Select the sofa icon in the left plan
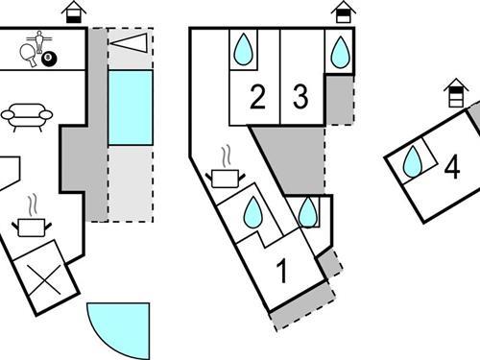27,115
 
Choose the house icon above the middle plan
342,12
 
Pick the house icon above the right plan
457,94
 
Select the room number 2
256,97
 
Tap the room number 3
300,97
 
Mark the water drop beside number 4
413,161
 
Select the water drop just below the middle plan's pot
252,214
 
